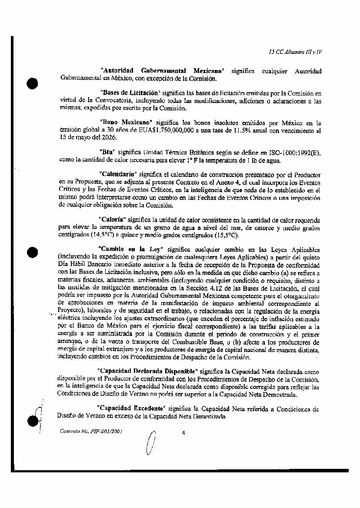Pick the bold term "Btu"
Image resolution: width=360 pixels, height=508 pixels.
107,153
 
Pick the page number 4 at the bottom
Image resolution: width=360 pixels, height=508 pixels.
183,433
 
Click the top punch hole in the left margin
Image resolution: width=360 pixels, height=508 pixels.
33,83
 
